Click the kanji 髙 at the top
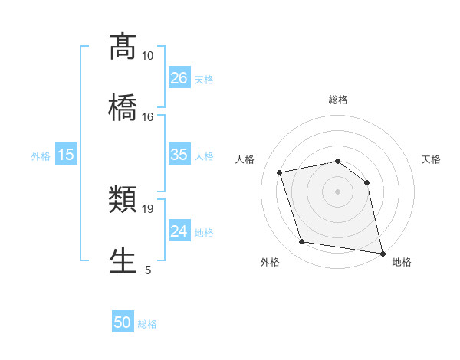[x=123, y=47]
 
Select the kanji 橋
[x=123, y=106]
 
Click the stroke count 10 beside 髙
[x=147, y=56]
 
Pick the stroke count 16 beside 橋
[x=147, y=116]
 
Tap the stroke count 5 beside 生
[x=148, y=270]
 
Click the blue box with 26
[x=179, y=78]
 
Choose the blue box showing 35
[x=179, y=155]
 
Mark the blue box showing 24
[x=179, y=231]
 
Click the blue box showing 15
[x=66, y=155]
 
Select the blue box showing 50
[x=123, y=322]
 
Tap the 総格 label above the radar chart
[x=337, y=100]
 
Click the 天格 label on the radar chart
[x=431, y=159]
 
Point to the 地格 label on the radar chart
[x=402, y=262]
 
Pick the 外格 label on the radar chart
[x=270, y=262]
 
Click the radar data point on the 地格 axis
[x=381, y=253]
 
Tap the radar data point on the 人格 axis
[x=280, y=172]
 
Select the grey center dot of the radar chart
[x=337, y=191]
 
